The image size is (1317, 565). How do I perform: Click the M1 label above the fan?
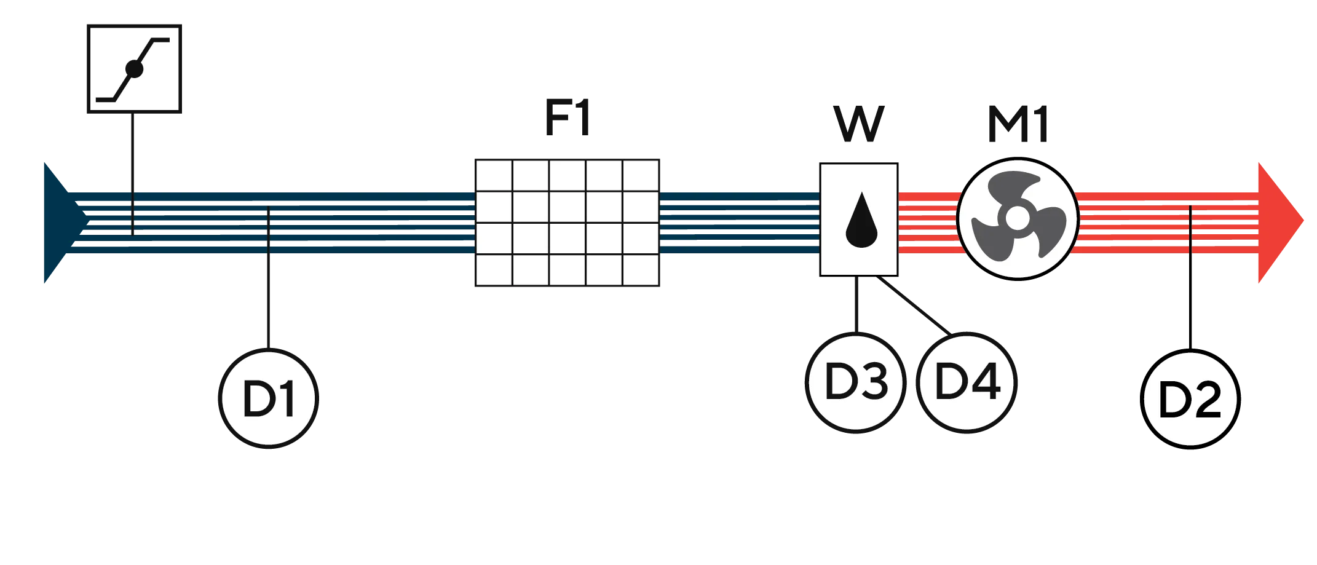pyautogui.click(x=1018, y=124)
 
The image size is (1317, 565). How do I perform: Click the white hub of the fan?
pyautogui.click(x=1018, y=218)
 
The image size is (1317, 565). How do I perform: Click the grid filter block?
pyautogui.click(x=568, y=223)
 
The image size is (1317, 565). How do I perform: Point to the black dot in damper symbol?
pyautogui.click(x=134, y=69)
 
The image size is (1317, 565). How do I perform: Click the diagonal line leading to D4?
pyautogui.click(x=914, y=306)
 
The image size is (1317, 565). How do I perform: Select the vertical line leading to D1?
pyautogui.click(x=268, y=279)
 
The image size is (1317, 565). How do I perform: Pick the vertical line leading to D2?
pyautogui.click(x=1190, y=277)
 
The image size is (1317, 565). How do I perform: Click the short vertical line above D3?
pyautogui.click(x=856, y=304)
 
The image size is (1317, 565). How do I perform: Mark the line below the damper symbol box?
pyautogui.click(x=133, y=174)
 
